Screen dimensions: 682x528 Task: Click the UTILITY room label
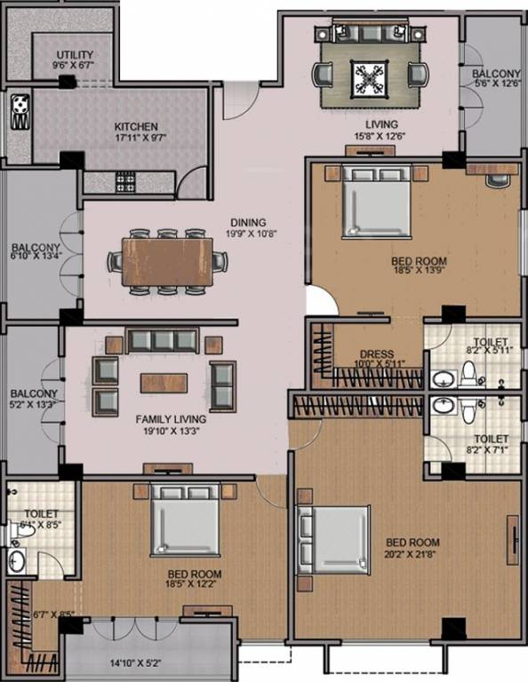click(x=74, y=54)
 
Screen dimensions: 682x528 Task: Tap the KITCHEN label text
click(x=136, y=127)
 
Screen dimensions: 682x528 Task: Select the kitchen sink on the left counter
click(x=19, y=111)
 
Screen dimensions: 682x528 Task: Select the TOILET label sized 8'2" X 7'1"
click(x=491, y=439)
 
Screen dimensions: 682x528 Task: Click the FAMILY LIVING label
click(x=171, y=418)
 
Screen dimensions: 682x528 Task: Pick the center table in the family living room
click(x=164, y=382)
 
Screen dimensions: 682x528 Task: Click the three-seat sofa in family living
click(x=161, y=340)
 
